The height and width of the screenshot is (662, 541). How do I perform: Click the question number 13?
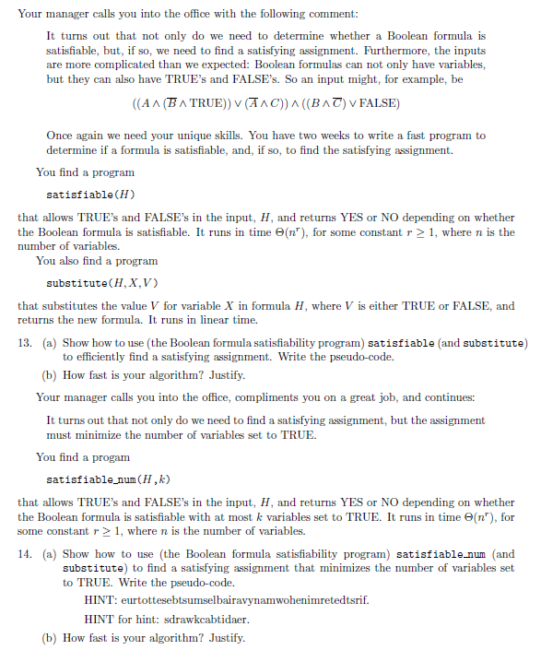[25, 343]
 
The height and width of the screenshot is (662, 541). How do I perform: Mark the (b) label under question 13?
[52, 376]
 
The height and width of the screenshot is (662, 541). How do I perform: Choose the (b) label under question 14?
[52, 637]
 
